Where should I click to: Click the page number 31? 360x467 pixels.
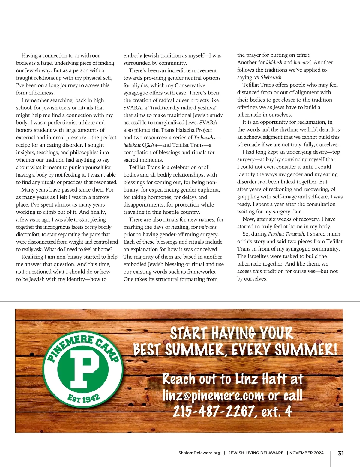tap(341, 453)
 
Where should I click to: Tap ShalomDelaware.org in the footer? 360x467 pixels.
tap(199, 453)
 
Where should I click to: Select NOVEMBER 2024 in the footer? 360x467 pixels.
tap(306, 453)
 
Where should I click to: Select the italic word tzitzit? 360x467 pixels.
tap(303, 55)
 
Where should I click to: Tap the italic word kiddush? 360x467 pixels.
tap(274, 63)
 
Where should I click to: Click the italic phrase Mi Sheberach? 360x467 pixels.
tap(268, 77)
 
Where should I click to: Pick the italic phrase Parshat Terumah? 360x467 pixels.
tap(286, 234)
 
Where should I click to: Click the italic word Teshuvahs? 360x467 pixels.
tap(205, 138)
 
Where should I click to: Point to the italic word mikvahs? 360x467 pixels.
tap(208, 227)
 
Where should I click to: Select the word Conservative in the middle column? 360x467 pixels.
tap(190, 85)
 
